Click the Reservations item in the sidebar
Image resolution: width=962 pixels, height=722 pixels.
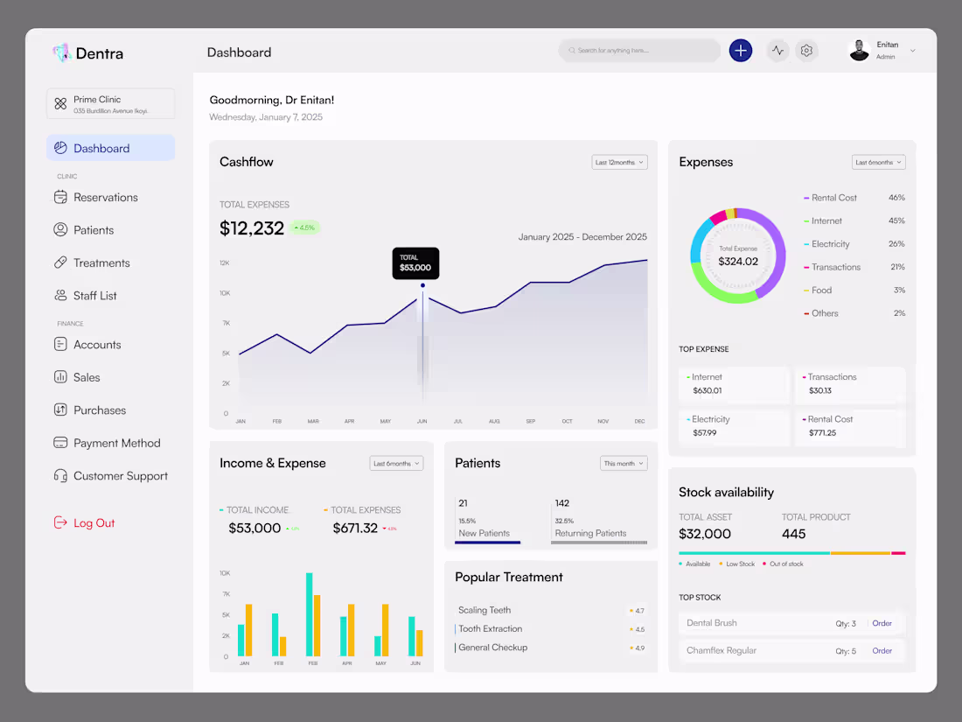click(x=105, y=198)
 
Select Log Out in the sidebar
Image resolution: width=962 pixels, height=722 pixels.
click(x=94, y=523)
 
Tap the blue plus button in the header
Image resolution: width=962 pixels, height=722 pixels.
click(x=741, y=51)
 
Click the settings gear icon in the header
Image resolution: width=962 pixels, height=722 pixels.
click(x=806, y=51)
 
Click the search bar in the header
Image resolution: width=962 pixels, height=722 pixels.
click(x=639, y=51)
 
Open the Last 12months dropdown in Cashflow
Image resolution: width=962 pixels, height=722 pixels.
click(x=619, y=162)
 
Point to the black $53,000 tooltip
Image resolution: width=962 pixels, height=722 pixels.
click(x=415, y=263)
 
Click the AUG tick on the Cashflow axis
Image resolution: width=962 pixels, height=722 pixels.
click(x=494, y=422)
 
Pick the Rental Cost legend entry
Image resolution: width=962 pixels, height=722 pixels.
click(x=833, y=198)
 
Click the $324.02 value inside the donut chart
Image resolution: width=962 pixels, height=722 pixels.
click(x=738, y=262)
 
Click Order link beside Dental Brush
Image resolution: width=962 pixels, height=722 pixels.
click(x=882, y=623)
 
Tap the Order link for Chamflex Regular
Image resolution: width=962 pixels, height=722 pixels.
click(x=882, y=651)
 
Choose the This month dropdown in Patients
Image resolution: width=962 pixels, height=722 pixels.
click(x=624, y=463)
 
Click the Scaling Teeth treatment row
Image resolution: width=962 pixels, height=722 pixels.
click(x=484, y=610)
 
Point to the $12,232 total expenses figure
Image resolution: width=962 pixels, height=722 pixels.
click(x=252, y=228)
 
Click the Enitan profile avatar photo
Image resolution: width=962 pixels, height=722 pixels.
click(x=859, y=51)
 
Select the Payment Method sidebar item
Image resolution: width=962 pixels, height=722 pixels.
click(x=116, y=444)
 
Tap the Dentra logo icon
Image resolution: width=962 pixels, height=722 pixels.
click(x=61, y=53)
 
